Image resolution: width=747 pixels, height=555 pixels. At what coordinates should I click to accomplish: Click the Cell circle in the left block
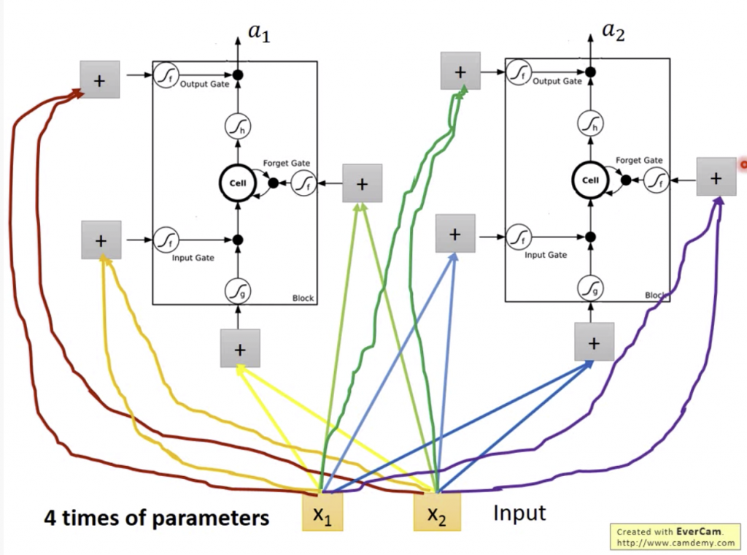[238, 183]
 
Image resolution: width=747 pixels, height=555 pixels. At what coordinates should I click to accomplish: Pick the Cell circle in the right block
[590, 180]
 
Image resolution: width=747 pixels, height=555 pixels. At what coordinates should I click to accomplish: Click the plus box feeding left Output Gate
[100, 80]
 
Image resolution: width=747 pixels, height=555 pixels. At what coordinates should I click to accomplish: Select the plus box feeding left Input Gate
[101, 240]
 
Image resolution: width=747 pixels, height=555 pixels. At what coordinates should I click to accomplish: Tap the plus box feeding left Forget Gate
[363, 183]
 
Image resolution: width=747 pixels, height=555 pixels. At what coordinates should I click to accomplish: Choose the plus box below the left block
[240, 348]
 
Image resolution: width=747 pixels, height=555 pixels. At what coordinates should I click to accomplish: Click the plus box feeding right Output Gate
[460, 72]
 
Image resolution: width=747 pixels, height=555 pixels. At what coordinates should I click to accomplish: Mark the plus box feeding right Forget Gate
[716, 177]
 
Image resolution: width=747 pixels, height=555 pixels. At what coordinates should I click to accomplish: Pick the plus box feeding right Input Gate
[455, 234]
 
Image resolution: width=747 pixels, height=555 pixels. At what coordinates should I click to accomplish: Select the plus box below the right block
[594, 342]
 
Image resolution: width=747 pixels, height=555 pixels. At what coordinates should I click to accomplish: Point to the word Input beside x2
[519, 513]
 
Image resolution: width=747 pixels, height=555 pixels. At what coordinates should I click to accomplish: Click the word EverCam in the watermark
[699, 532]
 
